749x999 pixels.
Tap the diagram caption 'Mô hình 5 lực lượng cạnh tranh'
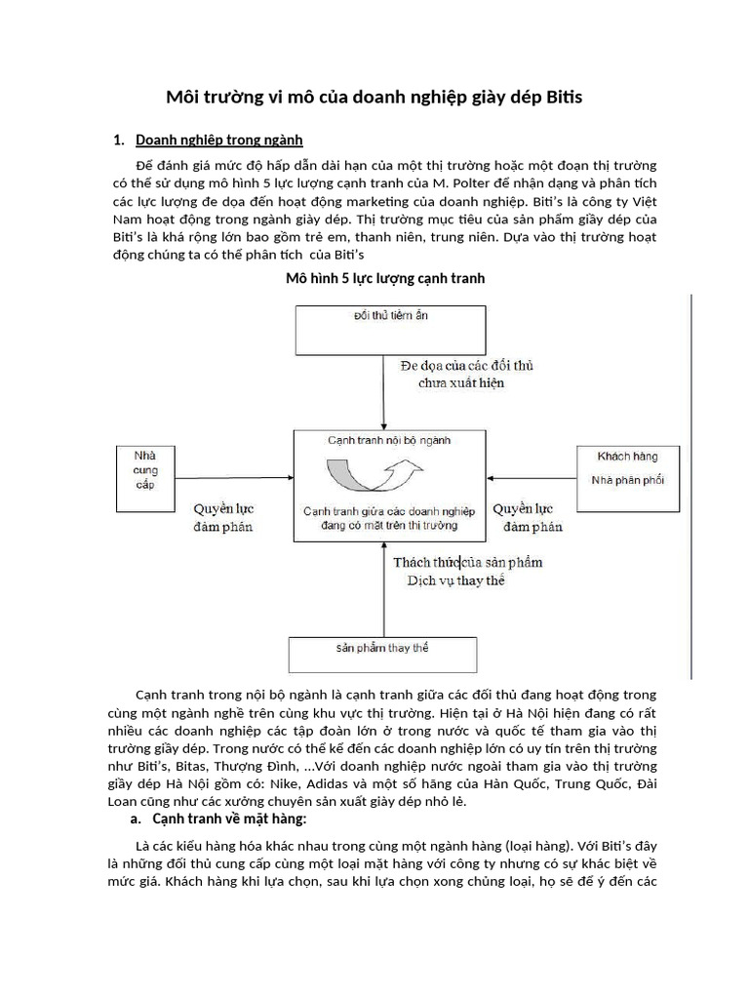pyautogui.click(x=384, y=279)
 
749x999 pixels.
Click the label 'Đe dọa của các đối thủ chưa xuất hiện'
pyautogui.click(x=467, y=374)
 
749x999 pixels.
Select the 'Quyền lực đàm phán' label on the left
pyautogui.click(x=222, y=518)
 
